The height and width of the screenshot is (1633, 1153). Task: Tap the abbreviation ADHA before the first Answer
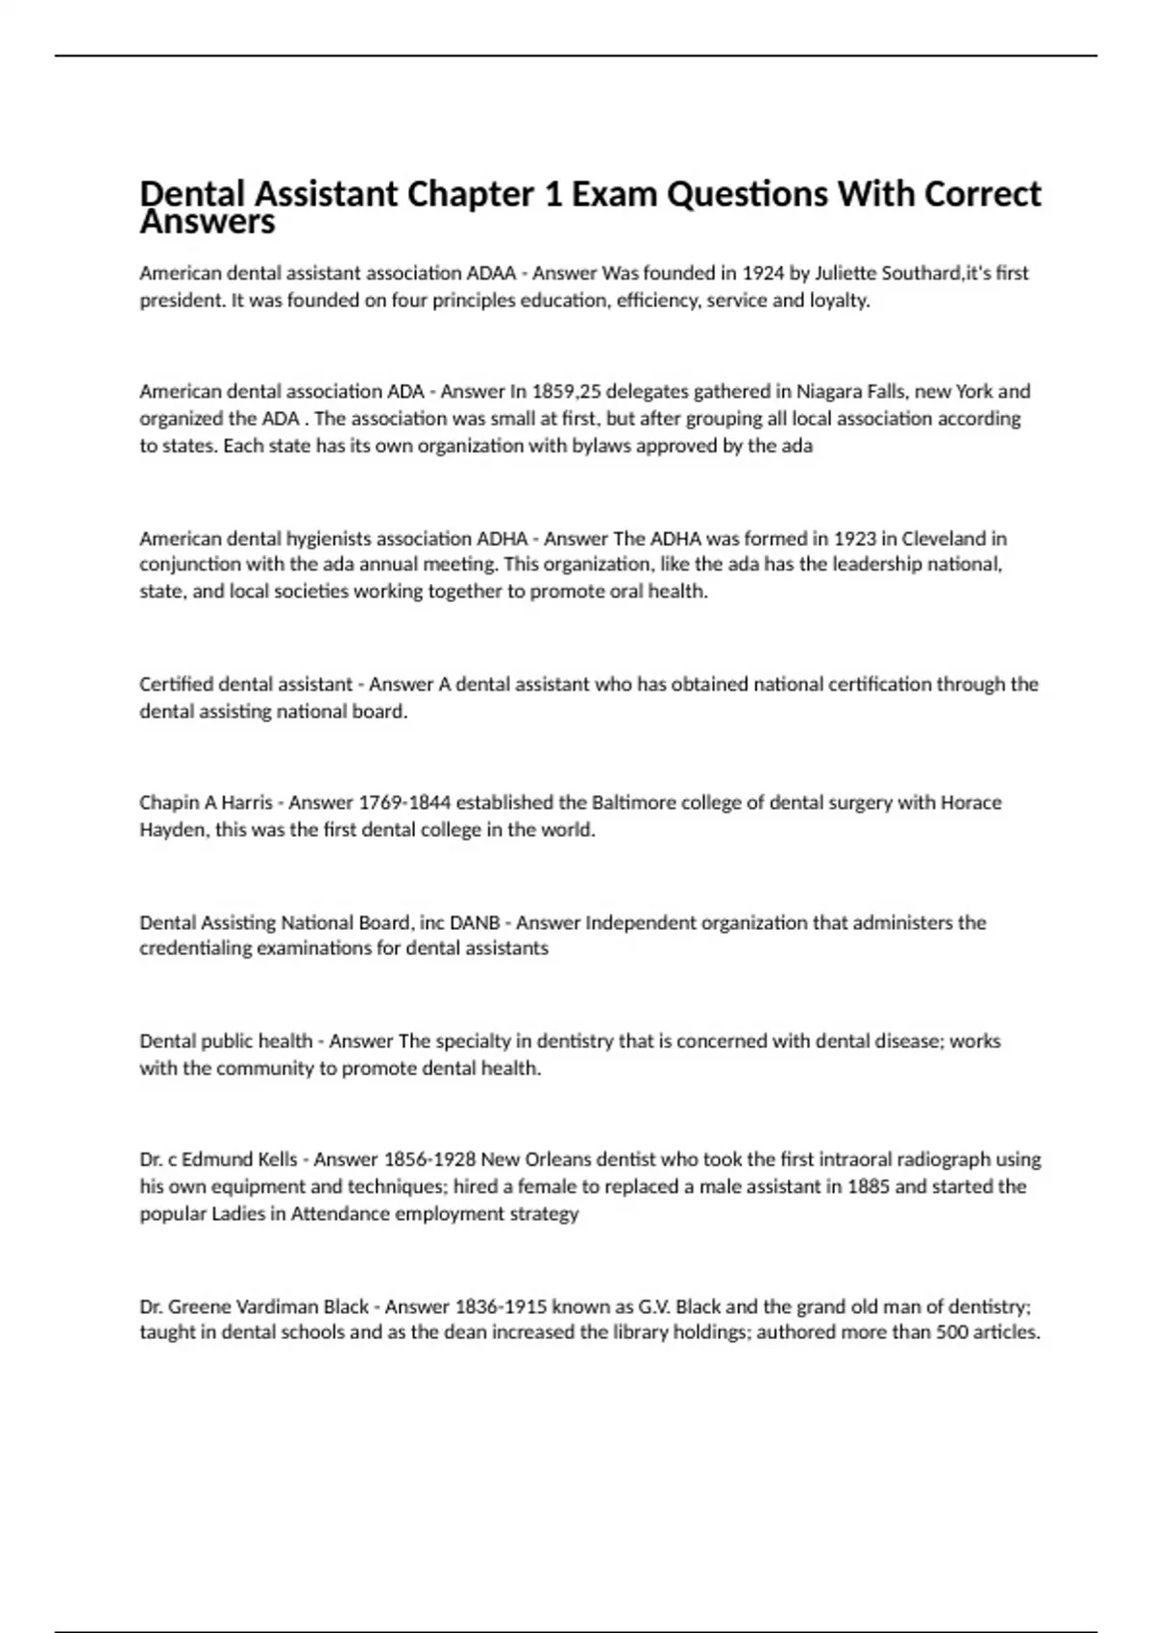tap(503, 538)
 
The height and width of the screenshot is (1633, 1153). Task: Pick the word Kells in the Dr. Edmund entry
tap(278, 1159)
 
